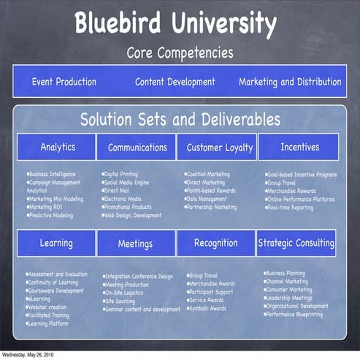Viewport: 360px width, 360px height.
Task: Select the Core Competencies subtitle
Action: [180, 53]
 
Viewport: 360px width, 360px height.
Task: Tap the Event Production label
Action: [66, 82]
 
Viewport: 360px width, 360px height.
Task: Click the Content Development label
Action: [175, 82]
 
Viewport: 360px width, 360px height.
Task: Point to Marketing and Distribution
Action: [289, 82]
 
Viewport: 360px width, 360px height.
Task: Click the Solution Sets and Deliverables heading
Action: [180, 118]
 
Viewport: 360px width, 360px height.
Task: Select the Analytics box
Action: [58, 147]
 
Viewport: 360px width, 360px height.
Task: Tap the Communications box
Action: [137, 148]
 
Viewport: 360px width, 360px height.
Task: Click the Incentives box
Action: [299, 147]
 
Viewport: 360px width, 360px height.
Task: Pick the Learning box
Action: [56, 243]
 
